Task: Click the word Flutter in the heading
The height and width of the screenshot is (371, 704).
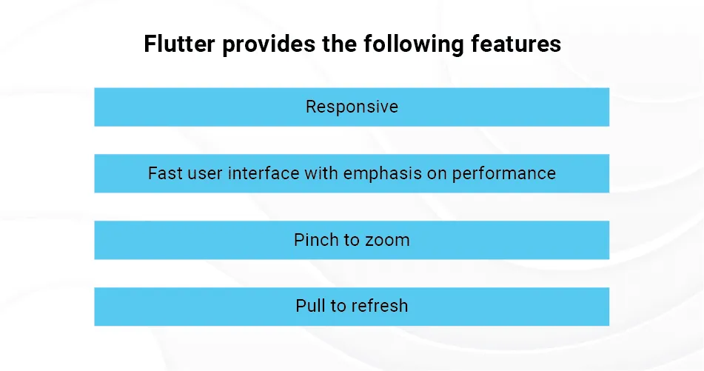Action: point(179,44)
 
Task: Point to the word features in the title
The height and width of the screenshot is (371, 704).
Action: point(516,44)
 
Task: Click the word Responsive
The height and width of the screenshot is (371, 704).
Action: point(352,107)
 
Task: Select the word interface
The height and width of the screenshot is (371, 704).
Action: point(264,173)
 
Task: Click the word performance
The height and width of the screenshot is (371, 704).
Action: point(503,174)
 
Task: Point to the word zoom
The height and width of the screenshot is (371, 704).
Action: point(387,241)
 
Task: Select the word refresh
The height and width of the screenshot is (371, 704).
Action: point(381,306)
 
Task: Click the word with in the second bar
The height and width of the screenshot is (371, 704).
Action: point(321,173)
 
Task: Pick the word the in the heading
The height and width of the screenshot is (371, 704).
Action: point(340,44)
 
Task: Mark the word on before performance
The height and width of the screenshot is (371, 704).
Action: point(437,174)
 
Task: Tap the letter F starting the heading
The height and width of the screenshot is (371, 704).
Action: point(150,44)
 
